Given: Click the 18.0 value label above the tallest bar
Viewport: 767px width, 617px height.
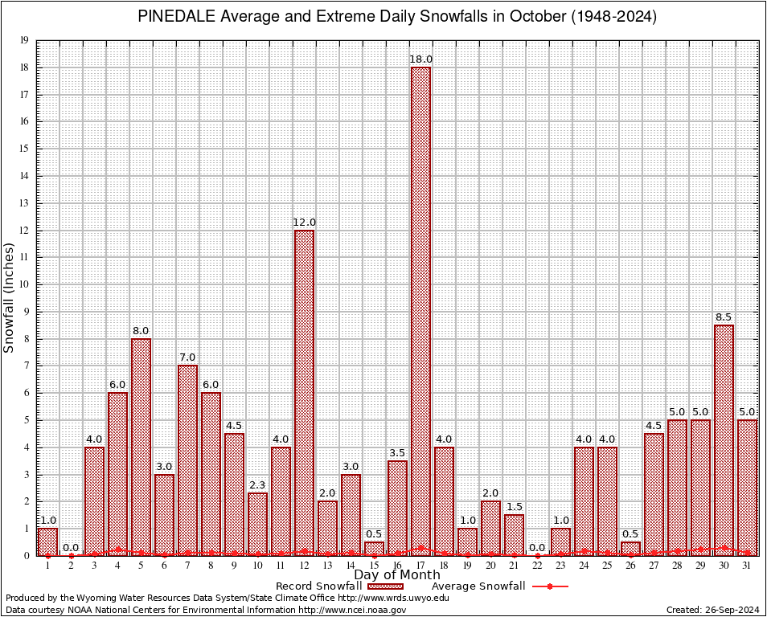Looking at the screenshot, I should coord(420,59).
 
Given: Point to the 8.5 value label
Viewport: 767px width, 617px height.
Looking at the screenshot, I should coord(724,317).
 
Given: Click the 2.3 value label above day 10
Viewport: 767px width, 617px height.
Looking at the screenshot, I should coord(257,485).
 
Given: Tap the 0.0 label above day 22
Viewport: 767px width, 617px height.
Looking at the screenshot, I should coord(537,548).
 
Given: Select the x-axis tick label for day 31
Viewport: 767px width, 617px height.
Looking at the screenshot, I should coord(747,566).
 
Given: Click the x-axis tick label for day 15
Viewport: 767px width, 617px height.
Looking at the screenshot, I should coord(374,566).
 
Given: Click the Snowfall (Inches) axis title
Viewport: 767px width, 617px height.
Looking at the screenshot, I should coord(10,297).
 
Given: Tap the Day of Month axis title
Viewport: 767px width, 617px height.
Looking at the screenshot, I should coord(396,575).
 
